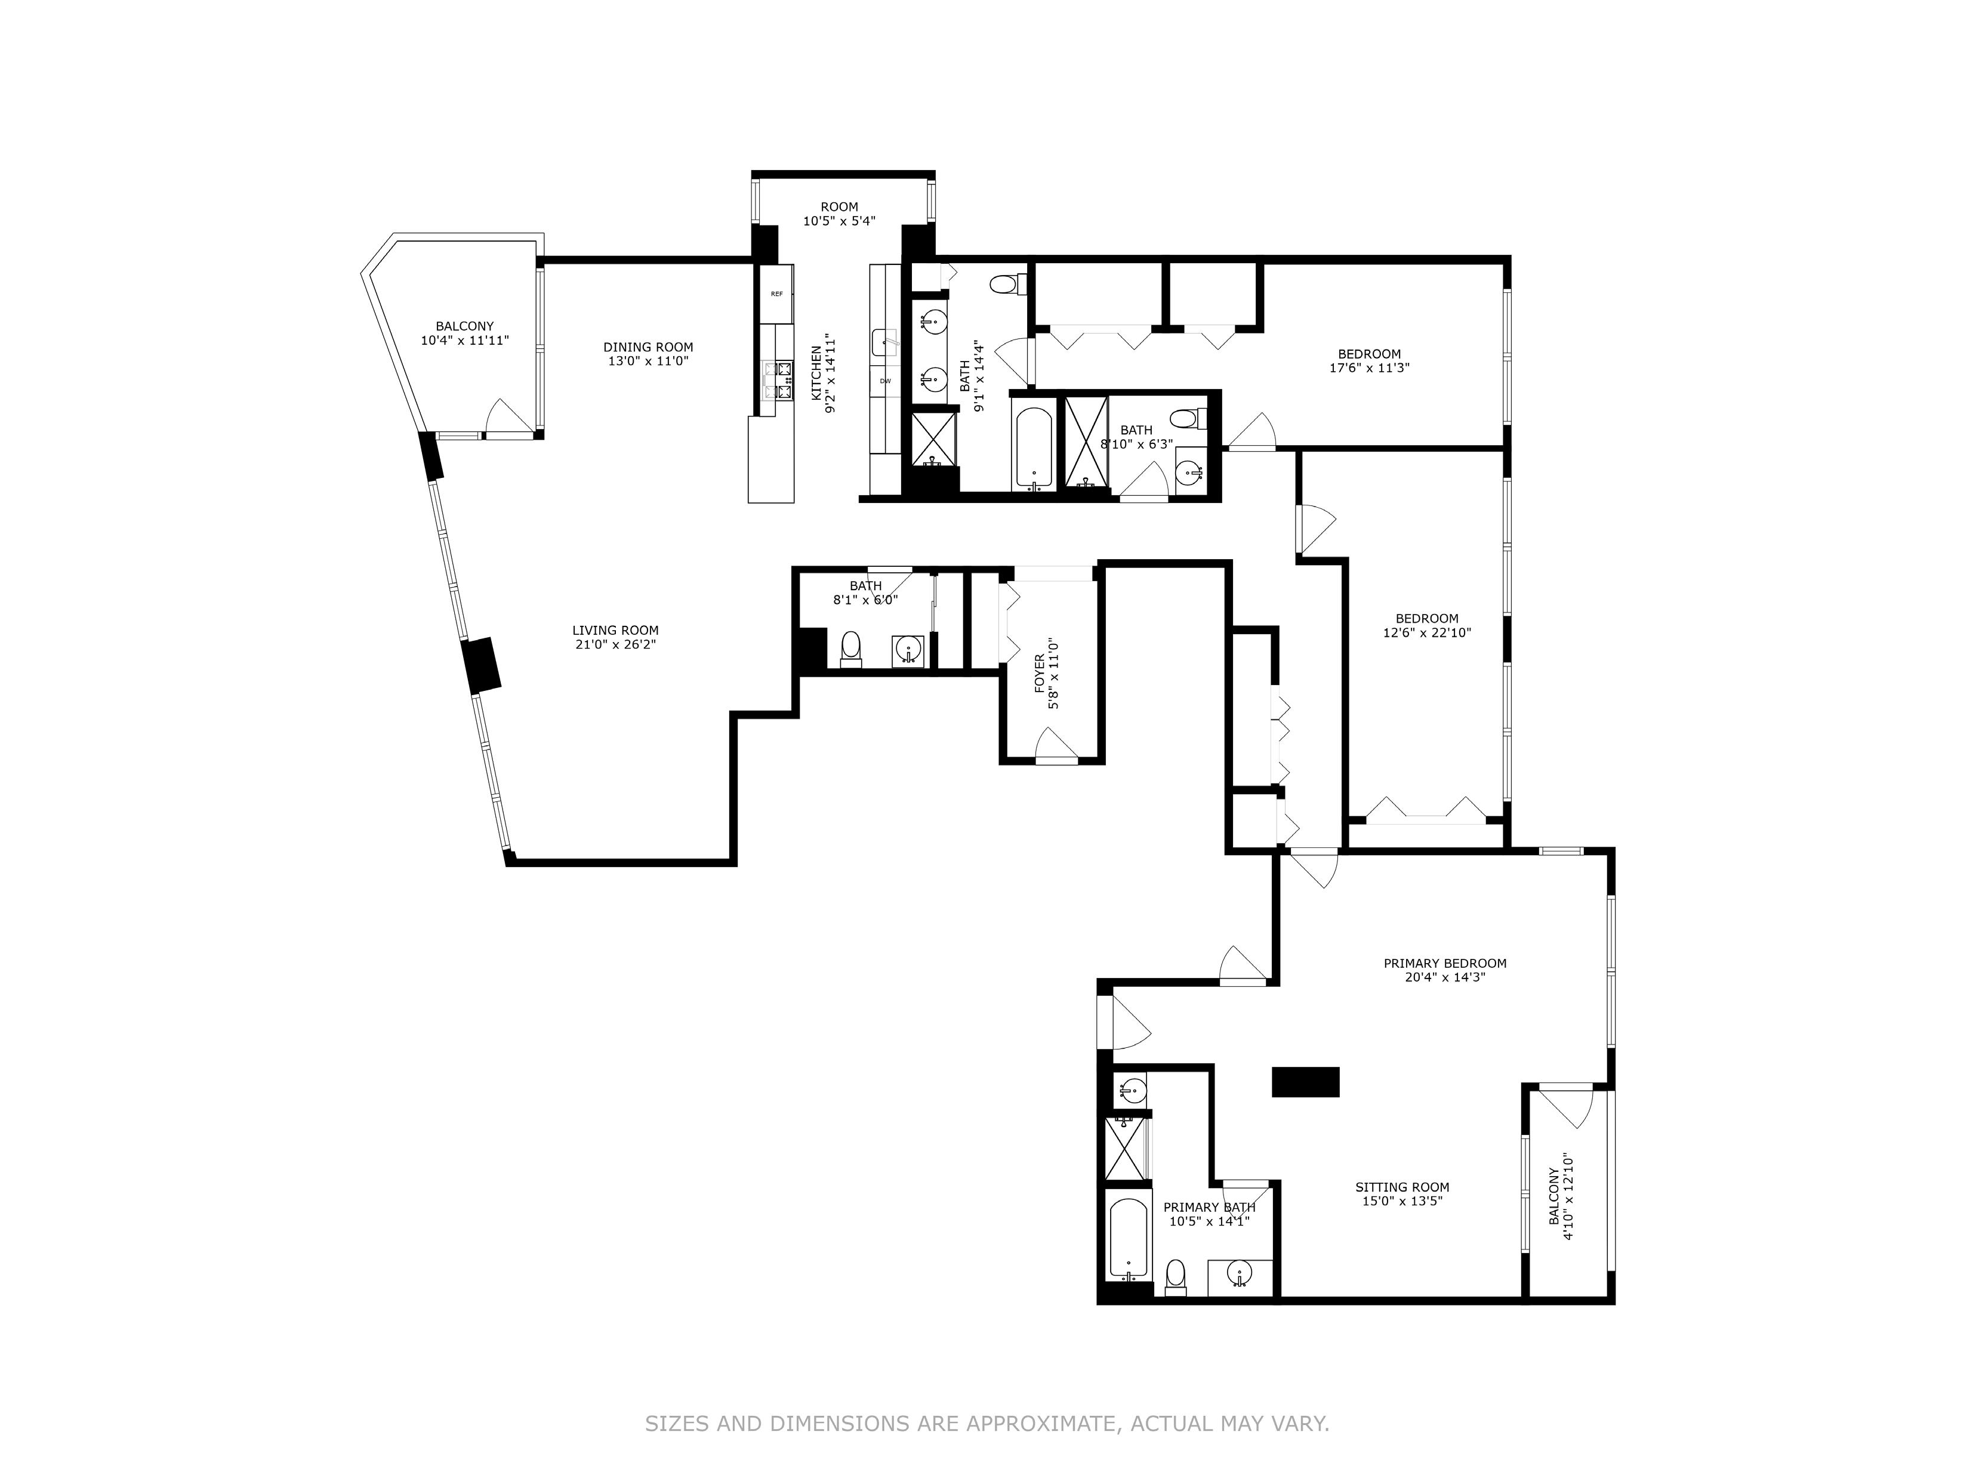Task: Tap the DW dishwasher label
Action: point(885,381)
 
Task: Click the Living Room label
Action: point(615,630)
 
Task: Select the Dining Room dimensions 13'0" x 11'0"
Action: point(648,362)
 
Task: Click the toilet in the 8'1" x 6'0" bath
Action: point(851,649)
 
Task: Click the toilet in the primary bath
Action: point(1176,1277)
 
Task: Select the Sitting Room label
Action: point(1402,1187)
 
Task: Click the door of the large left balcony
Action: point(507,418)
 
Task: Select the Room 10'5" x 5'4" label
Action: point(839,214)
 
